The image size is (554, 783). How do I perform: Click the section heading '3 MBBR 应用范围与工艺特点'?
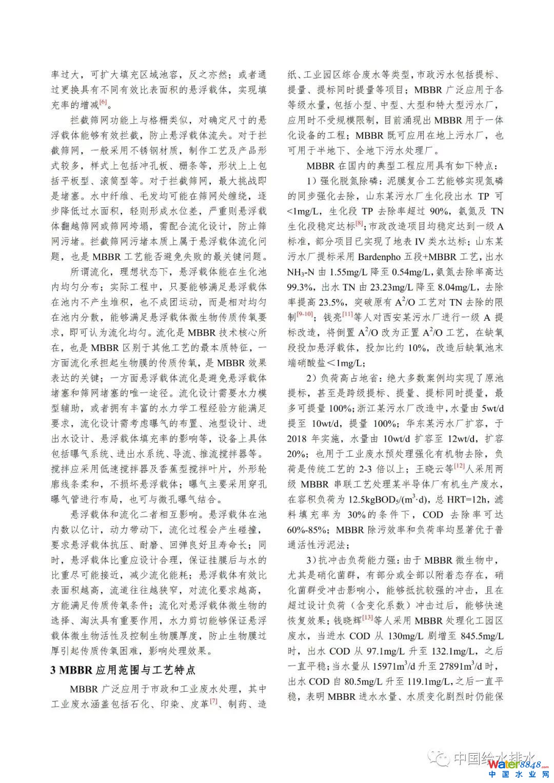click(x=123, y=670)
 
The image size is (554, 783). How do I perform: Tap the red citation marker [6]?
click(x=104, y=103)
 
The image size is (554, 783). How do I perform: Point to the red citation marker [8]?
click(x=360, y=224)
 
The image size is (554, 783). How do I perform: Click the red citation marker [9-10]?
click(x=305, y=315)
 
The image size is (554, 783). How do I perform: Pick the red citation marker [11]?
click(x=347, y=315)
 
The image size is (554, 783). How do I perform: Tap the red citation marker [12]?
click(x=459, y=466)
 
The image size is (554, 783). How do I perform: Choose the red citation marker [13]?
click(x=367, y=617)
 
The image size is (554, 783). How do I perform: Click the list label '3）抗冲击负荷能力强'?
click(x=353, y=560)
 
